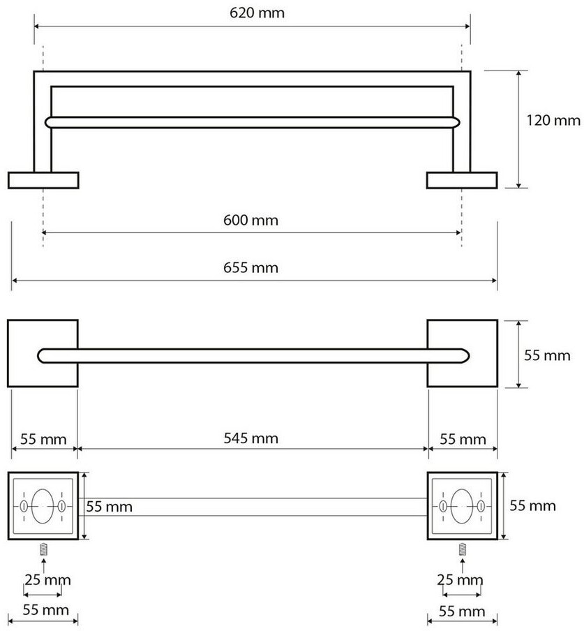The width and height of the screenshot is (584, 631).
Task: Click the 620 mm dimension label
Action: tap(257, 13)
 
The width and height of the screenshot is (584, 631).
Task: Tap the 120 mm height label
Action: tap(553, 120)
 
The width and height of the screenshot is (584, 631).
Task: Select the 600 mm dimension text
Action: tap(250, 220)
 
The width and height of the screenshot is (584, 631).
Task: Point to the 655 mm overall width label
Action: tap(250, 267)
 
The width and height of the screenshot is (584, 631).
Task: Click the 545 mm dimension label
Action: tap(250, 438)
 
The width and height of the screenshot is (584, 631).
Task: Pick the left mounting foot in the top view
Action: tap(43, 180)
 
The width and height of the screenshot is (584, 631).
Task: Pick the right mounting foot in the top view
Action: tap(462, 180)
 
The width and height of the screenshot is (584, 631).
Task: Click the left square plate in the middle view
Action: tap(43, 353)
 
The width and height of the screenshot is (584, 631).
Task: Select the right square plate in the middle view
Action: tap(462, 353)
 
